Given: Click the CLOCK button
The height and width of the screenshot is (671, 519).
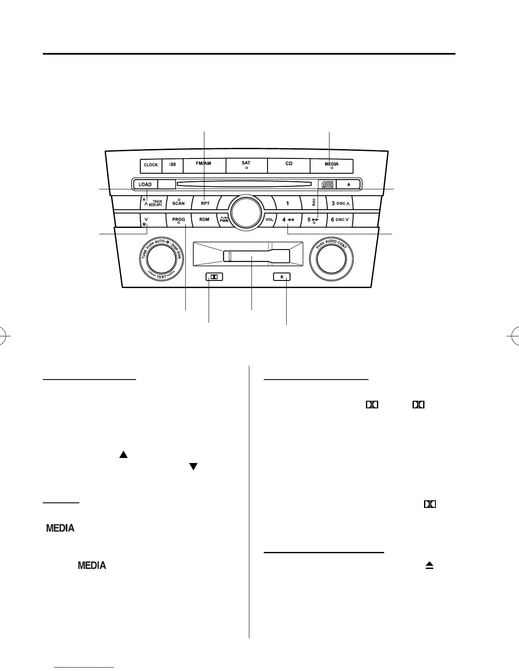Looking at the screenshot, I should pos(151,165).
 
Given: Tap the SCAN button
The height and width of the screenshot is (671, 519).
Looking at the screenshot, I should pos(179,203).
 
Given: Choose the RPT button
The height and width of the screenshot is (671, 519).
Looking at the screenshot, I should pos(205,203).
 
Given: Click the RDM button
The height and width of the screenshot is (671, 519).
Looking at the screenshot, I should pos(204,219).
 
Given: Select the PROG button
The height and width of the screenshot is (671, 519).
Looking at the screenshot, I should pos(179,220).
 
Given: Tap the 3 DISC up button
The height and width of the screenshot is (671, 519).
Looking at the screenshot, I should pos(340,203).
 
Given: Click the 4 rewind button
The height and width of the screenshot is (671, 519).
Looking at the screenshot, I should pos(288,220).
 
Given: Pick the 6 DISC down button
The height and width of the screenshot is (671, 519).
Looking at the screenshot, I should pos(340,220).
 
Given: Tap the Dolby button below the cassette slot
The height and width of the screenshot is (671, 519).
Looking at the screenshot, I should pos(214,277).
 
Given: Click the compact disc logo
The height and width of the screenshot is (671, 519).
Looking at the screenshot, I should pos(328,184).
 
